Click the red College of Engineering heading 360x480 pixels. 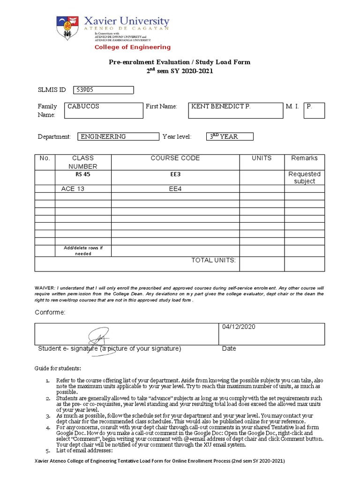click(133, 47)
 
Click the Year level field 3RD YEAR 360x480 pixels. click(230, 136)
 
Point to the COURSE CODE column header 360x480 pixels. click(175, 158)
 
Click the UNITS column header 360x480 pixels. click(262, 158)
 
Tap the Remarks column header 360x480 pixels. click(304, 158)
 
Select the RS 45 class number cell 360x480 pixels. click(82, 174)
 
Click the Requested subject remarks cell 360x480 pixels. click(304, 177)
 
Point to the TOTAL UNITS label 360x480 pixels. click(213, 260)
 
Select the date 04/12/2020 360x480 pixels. click(239, 327)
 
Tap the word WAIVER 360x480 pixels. click(45, 287)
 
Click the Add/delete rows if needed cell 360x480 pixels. click(82, 250)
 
